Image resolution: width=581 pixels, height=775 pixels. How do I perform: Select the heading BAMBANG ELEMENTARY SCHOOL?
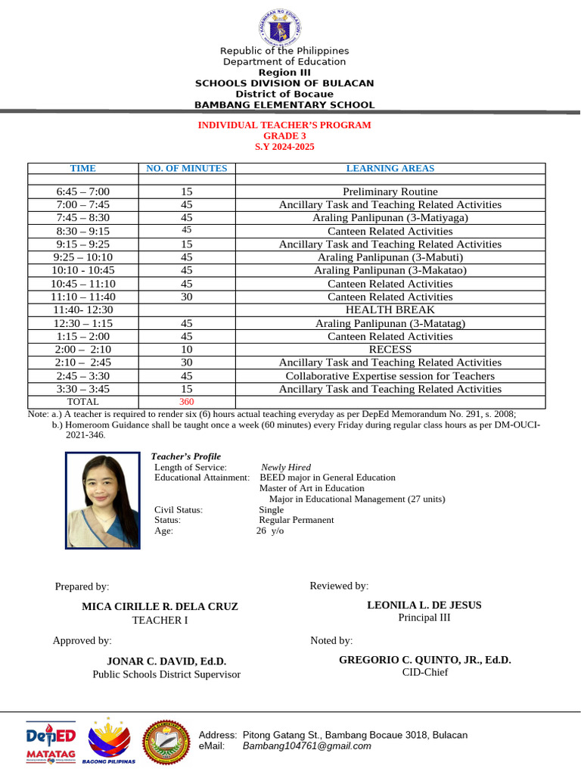[x=284, y=105]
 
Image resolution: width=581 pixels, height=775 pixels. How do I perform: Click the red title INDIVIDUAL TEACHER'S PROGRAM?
[x=284, y=125]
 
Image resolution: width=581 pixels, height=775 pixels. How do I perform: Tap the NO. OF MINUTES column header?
[x=186, y=169]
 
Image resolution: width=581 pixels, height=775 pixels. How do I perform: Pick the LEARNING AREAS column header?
[x=390, y=169]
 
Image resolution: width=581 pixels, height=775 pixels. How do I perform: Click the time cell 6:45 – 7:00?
[x=82, y=191]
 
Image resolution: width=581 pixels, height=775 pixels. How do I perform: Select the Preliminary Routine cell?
[x=390, y=191]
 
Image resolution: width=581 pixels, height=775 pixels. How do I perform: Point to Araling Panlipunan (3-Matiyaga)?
[x=390, y=218]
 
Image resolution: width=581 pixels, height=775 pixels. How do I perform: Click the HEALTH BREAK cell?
[x=390, y=310]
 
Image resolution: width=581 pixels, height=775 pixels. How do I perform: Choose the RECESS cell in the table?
[x=390, y=350]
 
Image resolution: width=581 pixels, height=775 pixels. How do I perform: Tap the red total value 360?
[x=186, y=401]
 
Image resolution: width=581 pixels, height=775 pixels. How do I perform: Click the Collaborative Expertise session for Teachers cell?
[x=390, y=376]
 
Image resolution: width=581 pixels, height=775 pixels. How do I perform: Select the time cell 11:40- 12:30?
[x=82, y=310]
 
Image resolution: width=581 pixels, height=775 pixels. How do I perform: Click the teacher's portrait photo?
[x=102, y=500]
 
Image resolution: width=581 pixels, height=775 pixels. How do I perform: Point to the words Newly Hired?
[x=285, y=468]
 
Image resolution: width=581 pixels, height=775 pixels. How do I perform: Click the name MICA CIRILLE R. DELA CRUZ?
[x=160, y=607]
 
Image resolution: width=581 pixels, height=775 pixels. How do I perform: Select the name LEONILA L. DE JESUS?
[x=424, y=605]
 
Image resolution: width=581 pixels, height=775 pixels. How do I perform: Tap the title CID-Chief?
[x=424, y=672]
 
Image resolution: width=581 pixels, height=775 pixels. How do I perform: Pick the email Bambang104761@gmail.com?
[x=306, y=746]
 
